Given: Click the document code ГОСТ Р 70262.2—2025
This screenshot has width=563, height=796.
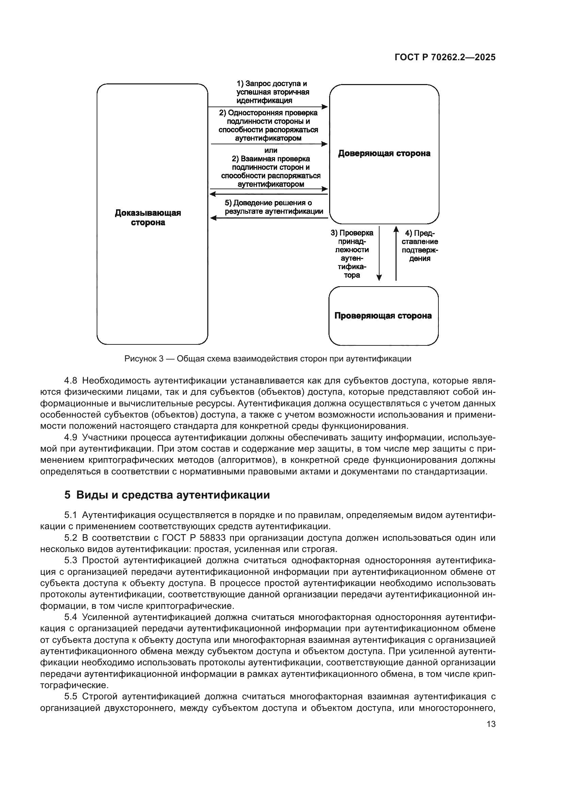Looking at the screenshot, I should coord(445,58).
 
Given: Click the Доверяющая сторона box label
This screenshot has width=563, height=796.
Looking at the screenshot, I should coord(384,153).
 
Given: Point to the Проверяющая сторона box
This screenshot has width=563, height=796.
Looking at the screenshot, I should coord(383,316).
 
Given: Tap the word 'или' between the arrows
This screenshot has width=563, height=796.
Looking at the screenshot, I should coord(271,150).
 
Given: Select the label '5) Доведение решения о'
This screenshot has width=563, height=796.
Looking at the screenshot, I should coord(268,203).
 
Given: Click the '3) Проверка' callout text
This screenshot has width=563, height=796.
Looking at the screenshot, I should coord(352,233).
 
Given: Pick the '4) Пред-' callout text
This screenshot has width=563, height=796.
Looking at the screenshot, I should coord(420,233).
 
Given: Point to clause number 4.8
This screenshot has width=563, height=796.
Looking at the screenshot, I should coord(70,381).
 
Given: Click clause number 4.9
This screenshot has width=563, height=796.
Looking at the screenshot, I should coord(70,438).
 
